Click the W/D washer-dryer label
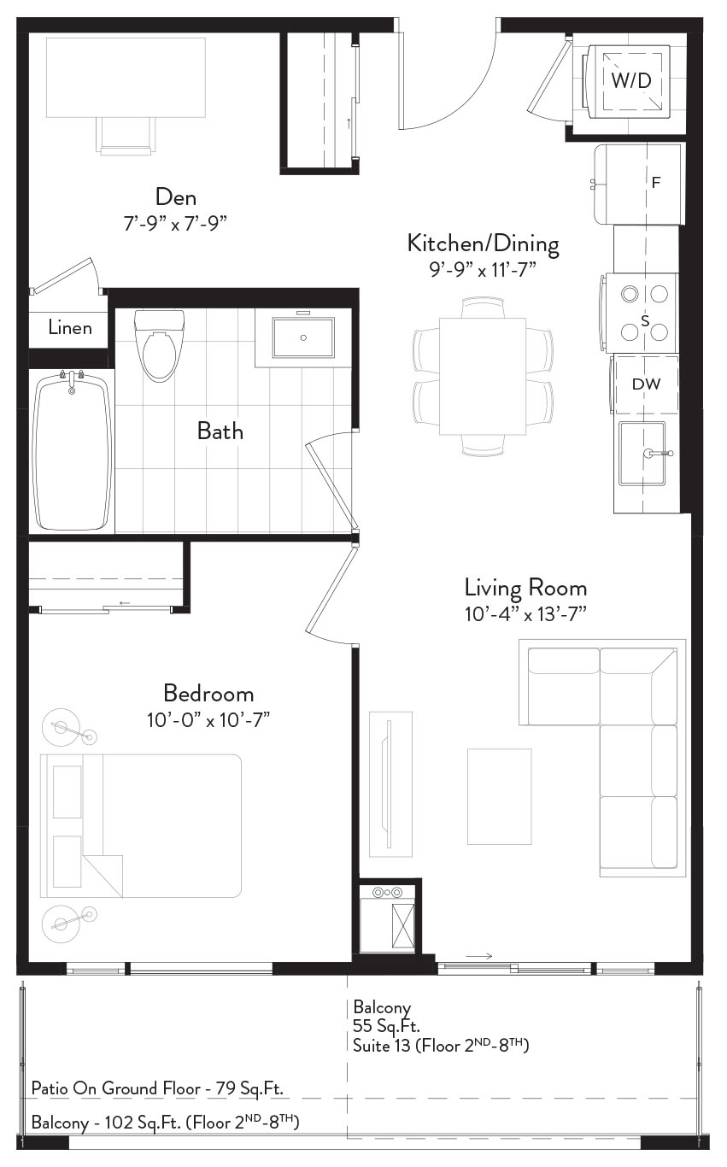[x=631, y=80]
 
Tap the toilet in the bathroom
[x=160, y=345]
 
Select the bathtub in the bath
[x=72, y=451]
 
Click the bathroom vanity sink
[x=303, y=337]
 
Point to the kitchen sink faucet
[x=658, y=454]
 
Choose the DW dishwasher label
[x=646, y=384]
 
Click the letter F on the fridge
[x=656, y=182]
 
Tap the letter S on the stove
[x=645, y=321]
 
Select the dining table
[x=483, y=376]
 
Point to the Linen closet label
[x=70, y=328]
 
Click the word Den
[x=176, y=197]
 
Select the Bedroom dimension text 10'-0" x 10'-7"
[x=208, y=720]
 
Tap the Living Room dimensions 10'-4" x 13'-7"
[x=526, y=614]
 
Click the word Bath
[x=220, y=431]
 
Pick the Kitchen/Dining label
[x=484, y=243]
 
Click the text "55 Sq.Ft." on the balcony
[x=386, y=1026]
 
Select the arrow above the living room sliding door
[x=479, y=956]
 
